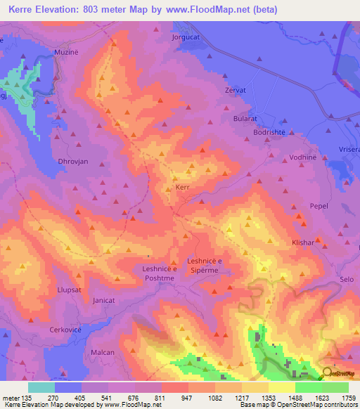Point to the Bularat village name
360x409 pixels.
pos(247,119)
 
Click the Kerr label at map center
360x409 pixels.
pos(182,188)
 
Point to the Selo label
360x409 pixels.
pos(347,280)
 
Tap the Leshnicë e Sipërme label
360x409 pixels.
pos(205,266)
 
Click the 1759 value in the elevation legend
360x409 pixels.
pos(349,397)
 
